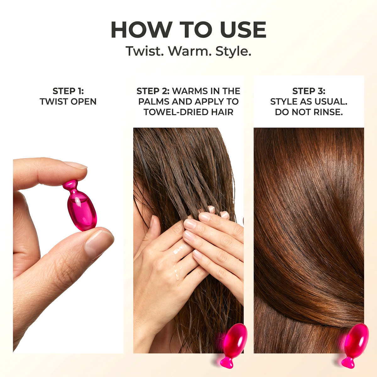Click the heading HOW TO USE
point(188,30)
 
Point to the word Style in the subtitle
point(233,51)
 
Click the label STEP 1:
point(68,91)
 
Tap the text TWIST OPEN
point(68,102)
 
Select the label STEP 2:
point(153,91)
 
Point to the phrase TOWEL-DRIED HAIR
point(188,112)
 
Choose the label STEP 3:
point(309,91)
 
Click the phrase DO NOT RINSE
point(309,112)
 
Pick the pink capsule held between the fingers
point(81,210)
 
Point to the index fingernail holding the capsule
point(75,165)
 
